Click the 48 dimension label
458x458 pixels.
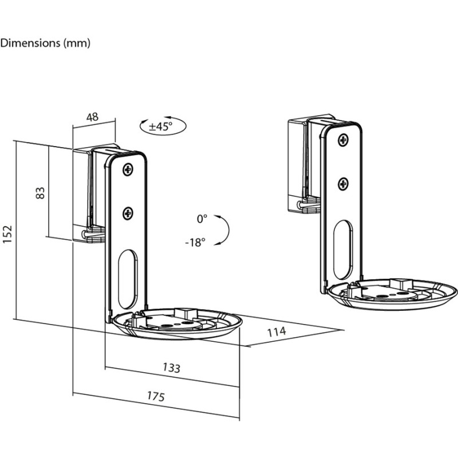pos(92,117)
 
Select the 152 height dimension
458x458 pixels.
pos(7,234)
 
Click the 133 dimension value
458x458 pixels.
pos(171,368)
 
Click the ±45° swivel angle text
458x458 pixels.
pos(160,127)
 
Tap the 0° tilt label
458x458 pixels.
pos(202,219)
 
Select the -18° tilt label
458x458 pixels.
pos(195,242)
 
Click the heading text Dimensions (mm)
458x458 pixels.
pos(45,43)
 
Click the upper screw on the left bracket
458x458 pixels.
pos(127,169)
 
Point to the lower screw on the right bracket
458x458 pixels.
pos(343,183)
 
